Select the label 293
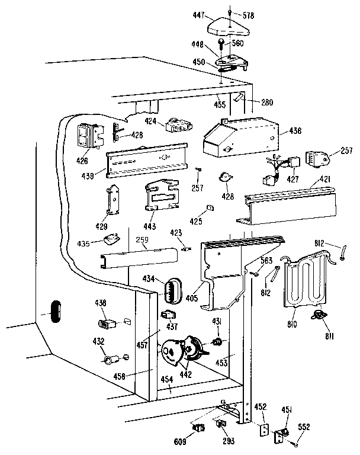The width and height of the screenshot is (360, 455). pos(228,440)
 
